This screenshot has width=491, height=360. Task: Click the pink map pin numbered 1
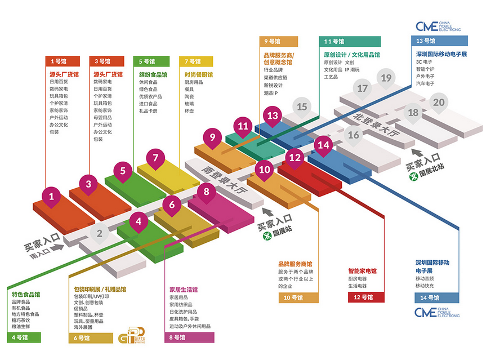52,197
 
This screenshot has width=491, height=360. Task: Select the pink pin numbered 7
156,158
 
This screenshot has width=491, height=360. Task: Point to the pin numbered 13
273,116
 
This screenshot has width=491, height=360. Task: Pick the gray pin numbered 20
439,103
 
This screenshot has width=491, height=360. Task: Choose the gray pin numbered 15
302,107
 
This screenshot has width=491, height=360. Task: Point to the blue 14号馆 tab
434,297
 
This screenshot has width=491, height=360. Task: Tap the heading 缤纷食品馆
153,74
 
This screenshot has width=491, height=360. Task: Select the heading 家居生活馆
184,290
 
